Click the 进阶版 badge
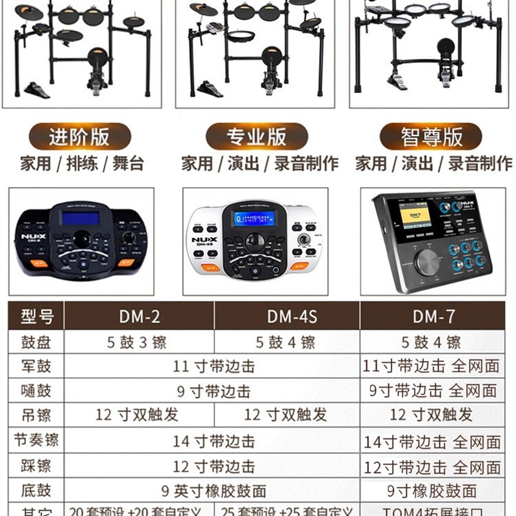tap(80, 137)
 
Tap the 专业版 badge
tap(255, 137)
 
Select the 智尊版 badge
tap(431, 137)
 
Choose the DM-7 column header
tap(433, 316)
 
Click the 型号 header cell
tap(36, 316)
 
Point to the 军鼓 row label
tap(36, 366)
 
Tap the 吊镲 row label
tap(36, 415)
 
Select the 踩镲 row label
tap(36, 466)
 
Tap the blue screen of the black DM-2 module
tap(80, 218)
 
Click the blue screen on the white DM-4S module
tap(253, 218)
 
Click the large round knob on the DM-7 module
tap(426, 263)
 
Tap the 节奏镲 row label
tap(36, 441)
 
